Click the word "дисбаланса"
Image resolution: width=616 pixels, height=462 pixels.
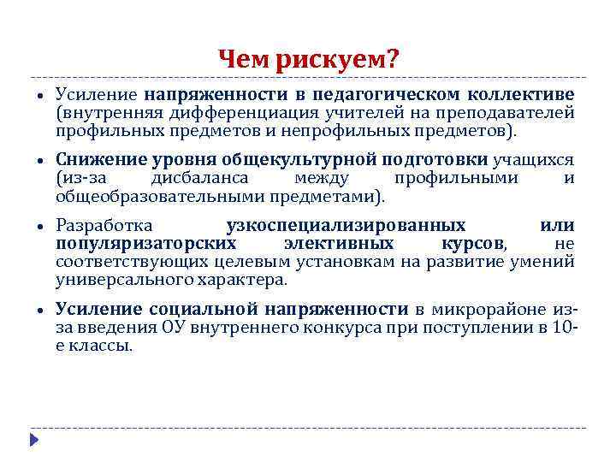tap(199, 178)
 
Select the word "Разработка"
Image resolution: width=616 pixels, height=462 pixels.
tap(104, 226)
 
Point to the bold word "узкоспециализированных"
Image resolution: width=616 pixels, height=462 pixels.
tap(346, 226)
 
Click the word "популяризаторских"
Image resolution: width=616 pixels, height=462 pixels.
tap(145, 243)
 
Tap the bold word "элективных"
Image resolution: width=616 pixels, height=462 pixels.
tap(339, 243)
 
